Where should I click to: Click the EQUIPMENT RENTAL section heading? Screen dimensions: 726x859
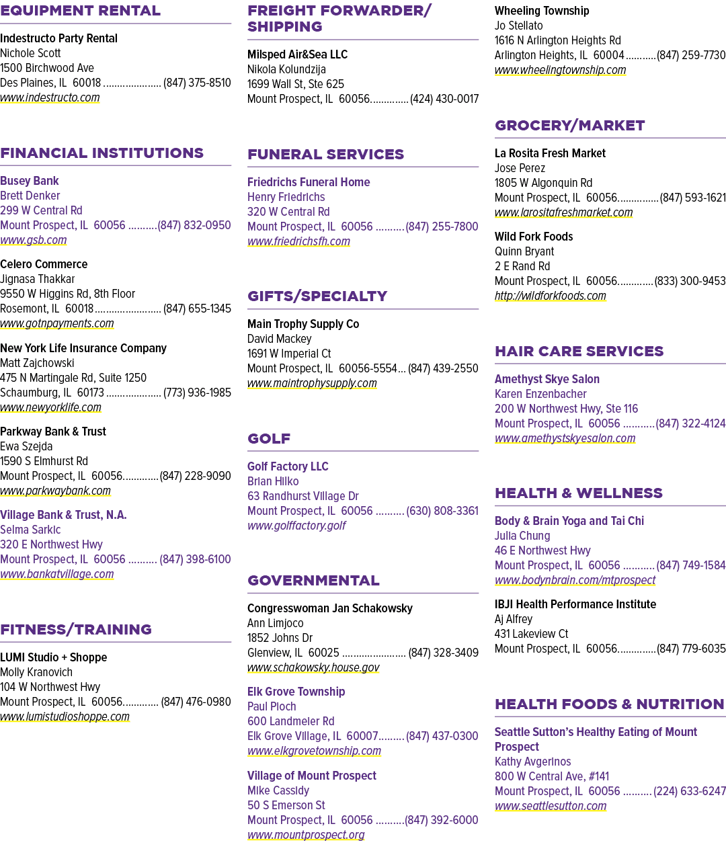(x=80, y=11)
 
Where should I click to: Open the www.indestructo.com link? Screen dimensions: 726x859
(x=50, y=97)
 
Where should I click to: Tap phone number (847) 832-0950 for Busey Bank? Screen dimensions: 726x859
(x=194, y=225)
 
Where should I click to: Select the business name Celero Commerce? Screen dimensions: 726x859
(x=44, y=264)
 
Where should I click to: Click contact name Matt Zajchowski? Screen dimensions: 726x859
(x=37, y=363)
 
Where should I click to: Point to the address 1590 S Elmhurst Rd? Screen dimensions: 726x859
(x=44, y=461)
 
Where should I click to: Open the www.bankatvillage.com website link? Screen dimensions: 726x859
(x=56, y=574)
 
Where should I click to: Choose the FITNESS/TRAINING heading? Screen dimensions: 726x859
(x=76, y=629)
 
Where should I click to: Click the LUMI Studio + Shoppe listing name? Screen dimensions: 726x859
(x=54, y=657)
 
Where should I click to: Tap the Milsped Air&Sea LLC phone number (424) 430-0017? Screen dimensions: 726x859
(x=444, y=99)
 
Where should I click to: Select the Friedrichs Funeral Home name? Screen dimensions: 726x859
(x=309, y=182)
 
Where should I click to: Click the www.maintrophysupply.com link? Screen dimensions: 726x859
(x=312, y=383)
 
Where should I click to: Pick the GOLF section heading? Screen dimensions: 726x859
(x=269, y=438)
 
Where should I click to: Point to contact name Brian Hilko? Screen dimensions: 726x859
(x=273, y=481)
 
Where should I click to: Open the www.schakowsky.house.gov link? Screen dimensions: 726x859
(x=313, y=667)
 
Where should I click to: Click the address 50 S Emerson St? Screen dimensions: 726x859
(x=286, y=805)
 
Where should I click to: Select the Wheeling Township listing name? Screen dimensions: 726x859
(x=542, y=11)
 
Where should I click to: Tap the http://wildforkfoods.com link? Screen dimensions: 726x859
(x=551, y=296)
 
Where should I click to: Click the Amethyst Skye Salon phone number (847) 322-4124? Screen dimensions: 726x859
(x=690, y=423)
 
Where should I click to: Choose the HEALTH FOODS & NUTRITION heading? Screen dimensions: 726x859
(x=610, y=704)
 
